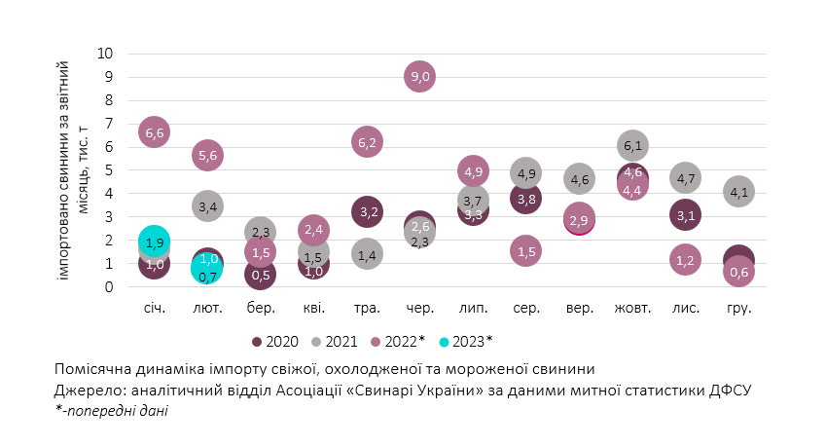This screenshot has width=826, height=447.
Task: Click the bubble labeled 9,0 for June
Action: (x=419, y=77)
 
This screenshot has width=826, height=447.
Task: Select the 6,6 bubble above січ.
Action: (x=155, y=131)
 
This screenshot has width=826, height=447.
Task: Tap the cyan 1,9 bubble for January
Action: (x=154, y=242)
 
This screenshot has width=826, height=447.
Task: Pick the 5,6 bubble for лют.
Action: (x=208, y=154)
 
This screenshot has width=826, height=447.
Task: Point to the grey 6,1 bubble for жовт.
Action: (x=632, y=146)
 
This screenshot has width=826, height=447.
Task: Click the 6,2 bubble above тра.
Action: (x=367, y=142)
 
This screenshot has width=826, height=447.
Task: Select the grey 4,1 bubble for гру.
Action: (x=738, y=192)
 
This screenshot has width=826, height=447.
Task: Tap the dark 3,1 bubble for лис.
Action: (x=685, y=215)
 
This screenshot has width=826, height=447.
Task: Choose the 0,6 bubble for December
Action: (x=738, y=272)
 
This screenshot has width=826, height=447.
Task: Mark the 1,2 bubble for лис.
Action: (x=685, y=259)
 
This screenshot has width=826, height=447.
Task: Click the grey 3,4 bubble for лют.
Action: (x=208, y=205)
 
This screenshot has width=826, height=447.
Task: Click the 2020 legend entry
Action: (x=273, y=342)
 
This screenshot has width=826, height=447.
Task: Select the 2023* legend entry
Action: (x=467, y=342)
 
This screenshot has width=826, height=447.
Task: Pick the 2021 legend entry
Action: (x=336, y=342)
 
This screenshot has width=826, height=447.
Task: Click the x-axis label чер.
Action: (x=419, y=308)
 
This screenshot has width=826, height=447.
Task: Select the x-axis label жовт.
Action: (x=632, y=308)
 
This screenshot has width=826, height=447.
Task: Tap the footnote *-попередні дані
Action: (x=112, y=411)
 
